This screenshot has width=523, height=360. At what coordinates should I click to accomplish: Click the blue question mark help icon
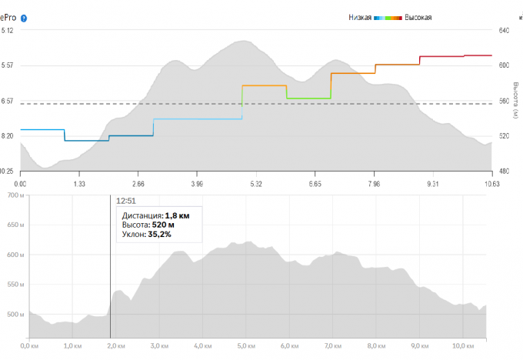(25, 17)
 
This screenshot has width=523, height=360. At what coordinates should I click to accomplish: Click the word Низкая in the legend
(360, 17)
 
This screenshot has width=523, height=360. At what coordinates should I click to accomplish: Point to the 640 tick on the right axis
(505, 31)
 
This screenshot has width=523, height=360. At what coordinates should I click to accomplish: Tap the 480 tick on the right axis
(505, 171)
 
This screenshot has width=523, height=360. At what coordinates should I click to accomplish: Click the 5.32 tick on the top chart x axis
(255, 185)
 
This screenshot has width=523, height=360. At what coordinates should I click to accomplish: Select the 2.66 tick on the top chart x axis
(138, 185)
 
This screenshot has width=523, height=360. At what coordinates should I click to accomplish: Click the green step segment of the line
(308, 98)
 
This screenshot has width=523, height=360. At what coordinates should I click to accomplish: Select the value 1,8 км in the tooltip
(177, 215)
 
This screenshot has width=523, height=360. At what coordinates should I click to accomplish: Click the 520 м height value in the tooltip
(162, 225)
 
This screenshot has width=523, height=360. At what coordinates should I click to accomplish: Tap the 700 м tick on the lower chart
(15, 196)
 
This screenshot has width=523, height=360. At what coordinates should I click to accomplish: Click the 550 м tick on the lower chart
(15, 285)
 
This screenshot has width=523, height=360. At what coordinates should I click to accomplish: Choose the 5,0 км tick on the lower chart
(245, 346)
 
